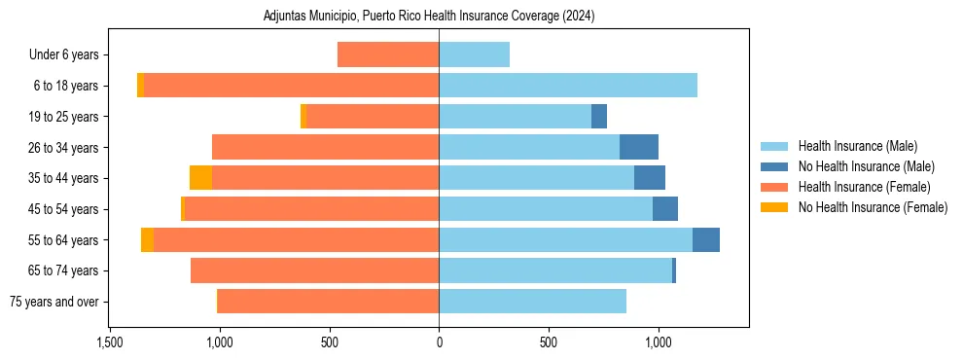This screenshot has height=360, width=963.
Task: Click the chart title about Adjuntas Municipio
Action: (x=429, y=17)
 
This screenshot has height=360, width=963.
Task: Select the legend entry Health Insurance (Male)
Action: (x=856, y=146)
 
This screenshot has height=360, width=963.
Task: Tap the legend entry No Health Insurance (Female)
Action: (x=873, y=207)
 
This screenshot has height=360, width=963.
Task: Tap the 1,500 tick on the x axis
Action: (x=110, y=342)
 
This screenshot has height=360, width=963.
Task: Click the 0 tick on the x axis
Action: (x=439, y=342)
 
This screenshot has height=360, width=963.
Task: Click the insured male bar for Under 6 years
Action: (x=474, y=54)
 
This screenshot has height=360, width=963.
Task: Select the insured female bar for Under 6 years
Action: (x=388, y=54)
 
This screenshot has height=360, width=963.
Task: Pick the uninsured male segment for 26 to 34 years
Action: (x=639, y=147)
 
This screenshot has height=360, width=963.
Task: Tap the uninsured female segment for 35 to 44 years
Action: (x=200, y=178)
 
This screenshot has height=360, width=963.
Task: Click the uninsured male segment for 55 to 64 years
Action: (x=706, y=239)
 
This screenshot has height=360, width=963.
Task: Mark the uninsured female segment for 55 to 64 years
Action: (x=147, y=239)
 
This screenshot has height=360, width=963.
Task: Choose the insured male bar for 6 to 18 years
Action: (x=568, y=86)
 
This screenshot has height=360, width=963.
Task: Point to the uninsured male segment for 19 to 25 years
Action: (x=599, y=117)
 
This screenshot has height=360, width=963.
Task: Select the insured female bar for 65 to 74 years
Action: (x=314, y=270)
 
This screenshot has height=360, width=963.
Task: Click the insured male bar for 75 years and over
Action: (x=532, y=302)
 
